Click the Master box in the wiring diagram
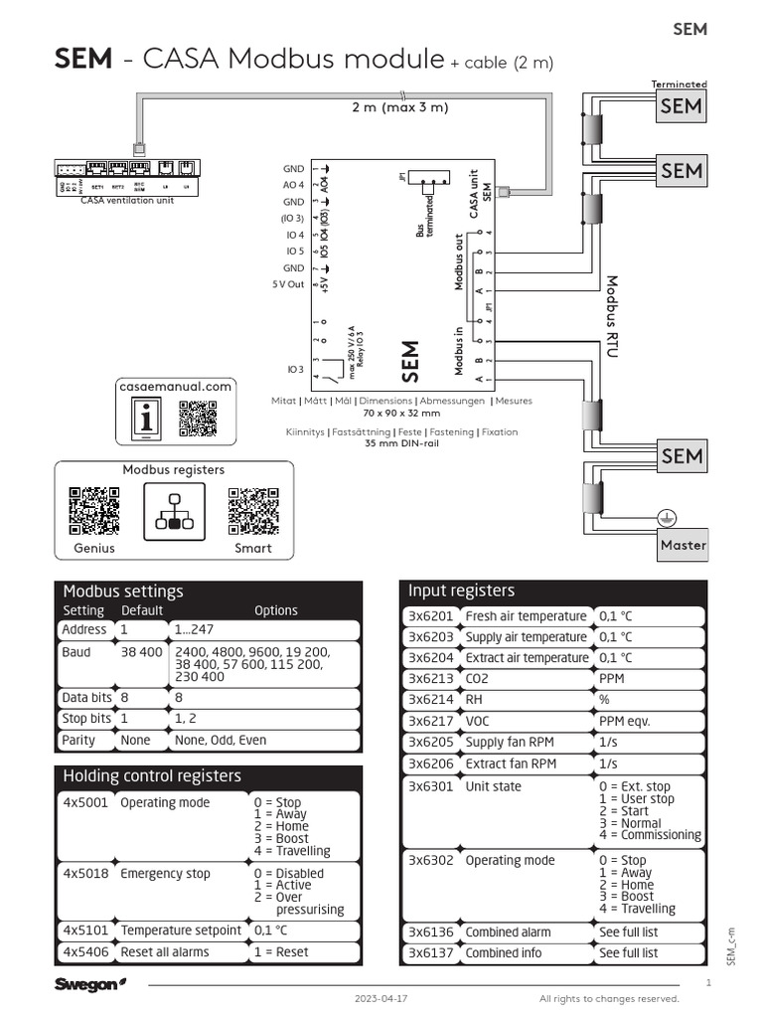tap(684, 545)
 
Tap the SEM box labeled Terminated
tap(682, 106)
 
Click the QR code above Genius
tap(94, 511)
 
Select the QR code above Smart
tap(252, 511)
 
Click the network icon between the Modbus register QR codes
tap(174, 512)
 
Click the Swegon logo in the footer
tap(90, 984)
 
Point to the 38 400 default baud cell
tap(142, 652)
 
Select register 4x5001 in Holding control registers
tap(84, 802)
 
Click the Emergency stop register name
tap(165, 874)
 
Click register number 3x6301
tap(431, 786)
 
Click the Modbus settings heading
tap(123, 592)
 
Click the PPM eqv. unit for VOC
tap(625, 721)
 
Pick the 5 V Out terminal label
tap(289, 285)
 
